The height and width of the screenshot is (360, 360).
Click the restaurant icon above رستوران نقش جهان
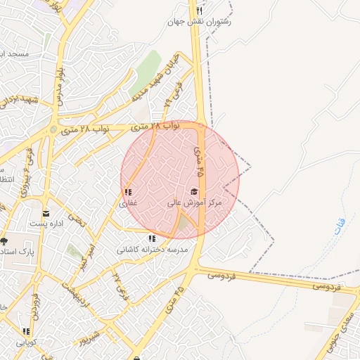[200, 11]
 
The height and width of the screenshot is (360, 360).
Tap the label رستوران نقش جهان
[200, 22]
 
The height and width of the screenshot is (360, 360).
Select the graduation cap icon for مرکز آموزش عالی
[194, 191]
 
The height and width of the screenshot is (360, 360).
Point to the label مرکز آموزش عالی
[194, 202]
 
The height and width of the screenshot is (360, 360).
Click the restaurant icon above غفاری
[127, 192]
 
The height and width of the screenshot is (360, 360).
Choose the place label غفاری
[127, 203]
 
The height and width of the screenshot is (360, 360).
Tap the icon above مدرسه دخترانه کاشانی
[152, 238]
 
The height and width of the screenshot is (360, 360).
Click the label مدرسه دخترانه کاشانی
[152, 250]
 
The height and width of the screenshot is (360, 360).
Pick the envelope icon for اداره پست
[46, 213]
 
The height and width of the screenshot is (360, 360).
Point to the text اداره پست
[46, 224]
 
